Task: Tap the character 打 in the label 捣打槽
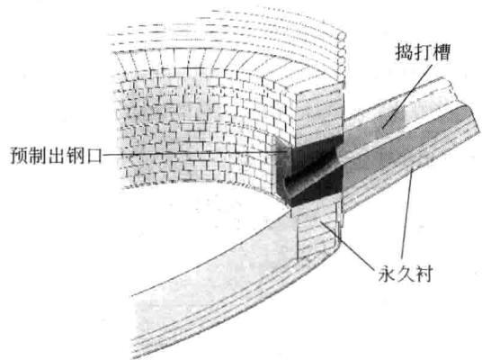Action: pyautogui.click(x=423, y=52)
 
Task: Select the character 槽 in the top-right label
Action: pyautogui.click(x=442, y=52)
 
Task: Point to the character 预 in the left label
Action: pyautogui.click(x=20, y=156)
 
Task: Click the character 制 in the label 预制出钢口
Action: pyautogui.click(x=38, y=156)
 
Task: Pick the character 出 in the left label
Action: pyautogui.click(x=57, y=156)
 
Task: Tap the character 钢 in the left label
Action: pyautogui.click(x=75, y=156)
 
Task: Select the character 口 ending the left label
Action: pyautogui.click(x=93, y=157)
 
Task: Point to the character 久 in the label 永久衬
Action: pyautogui.click(x=406, y=274)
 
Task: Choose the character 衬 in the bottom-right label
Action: pyautogui.click(x=424, y=274)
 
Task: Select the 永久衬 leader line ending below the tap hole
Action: pyautogui.click(x=348, y=246)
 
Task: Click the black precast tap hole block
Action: pyautogui.click(x=310, y=171)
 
